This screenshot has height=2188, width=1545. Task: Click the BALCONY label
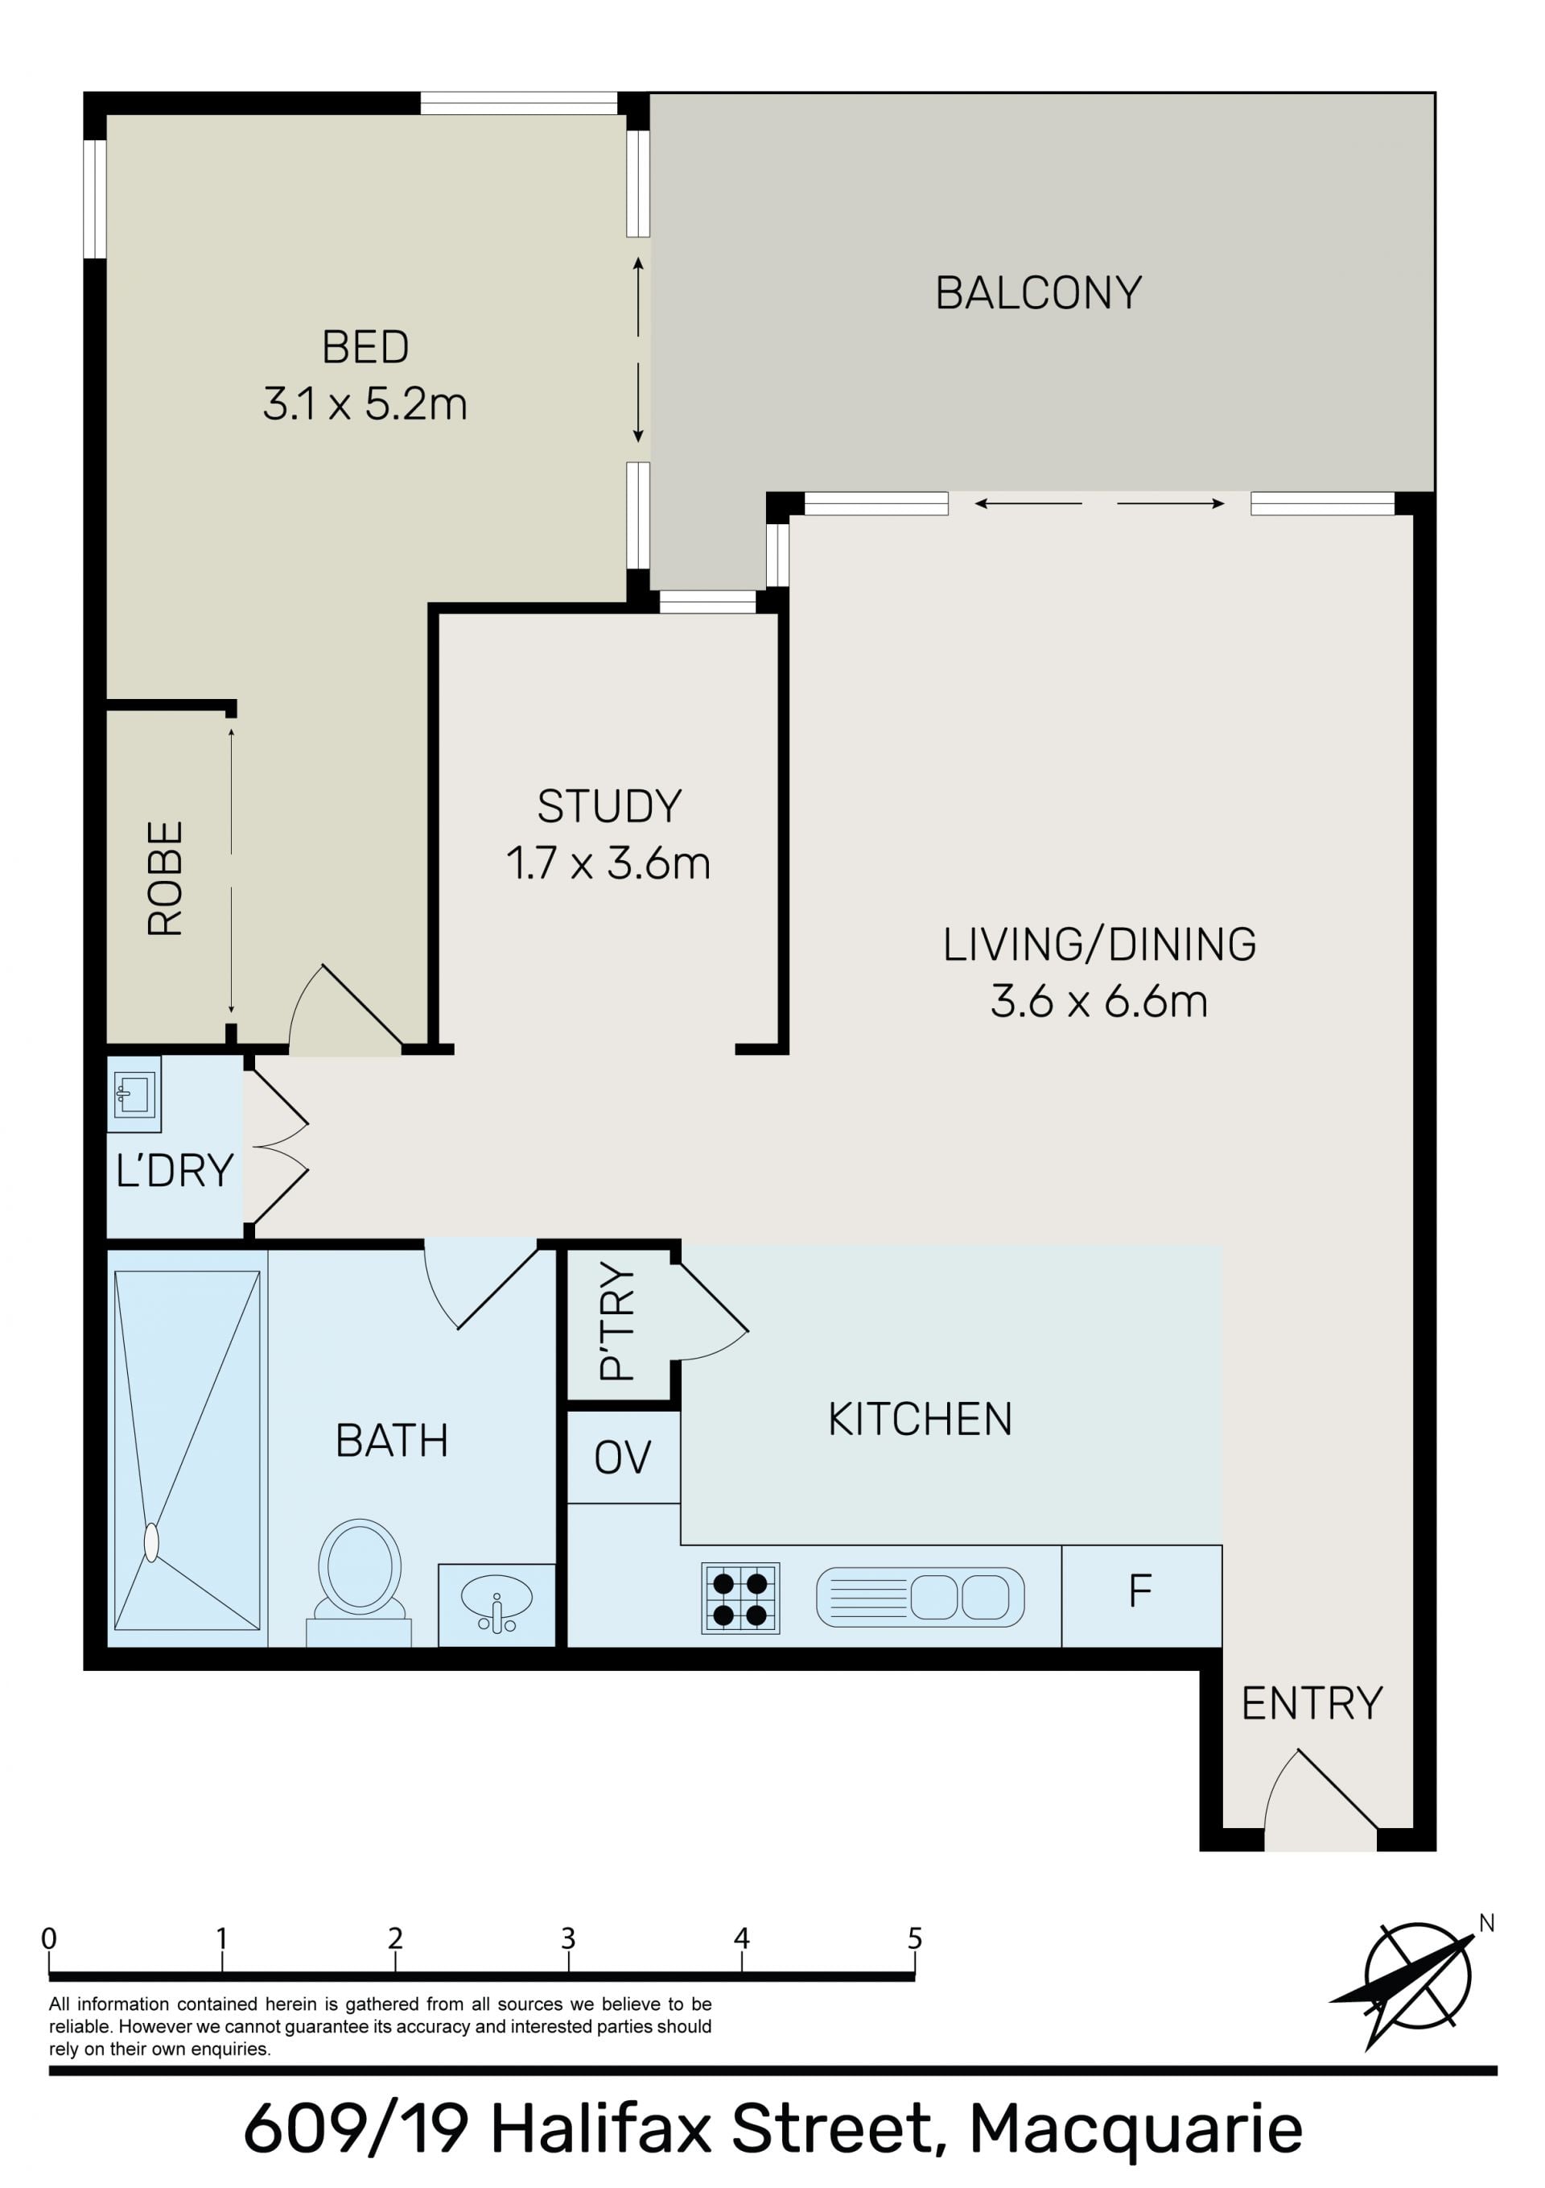point(1038,292)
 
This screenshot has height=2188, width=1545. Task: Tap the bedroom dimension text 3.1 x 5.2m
point(365,404)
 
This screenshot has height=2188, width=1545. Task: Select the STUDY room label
point(610,806)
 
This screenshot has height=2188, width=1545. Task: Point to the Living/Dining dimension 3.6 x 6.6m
point(1099,1002)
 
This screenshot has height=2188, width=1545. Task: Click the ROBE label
point(165,878)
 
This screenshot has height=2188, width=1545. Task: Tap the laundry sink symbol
point(134,1094)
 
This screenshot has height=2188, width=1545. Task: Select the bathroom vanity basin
point(496,1604)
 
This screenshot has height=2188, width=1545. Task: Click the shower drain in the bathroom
point(150,1543)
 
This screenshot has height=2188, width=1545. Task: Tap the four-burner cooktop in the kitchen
point(740,1598)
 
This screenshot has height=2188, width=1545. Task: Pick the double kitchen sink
point(920,1597)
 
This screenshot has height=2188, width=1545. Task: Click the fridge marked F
point(1141,1595)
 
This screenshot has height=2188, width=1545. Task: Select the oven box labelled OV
point(623,1457)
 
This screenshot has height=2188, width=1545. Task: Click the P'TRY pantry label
point(616,1321)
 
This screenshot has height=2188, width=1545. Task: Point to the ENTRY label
point(1312,1703)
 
